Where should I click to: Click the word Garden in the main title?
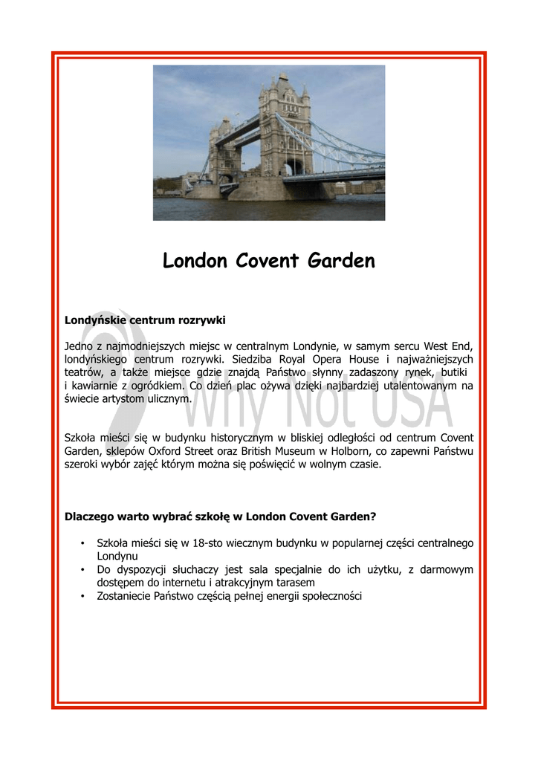(x=338, y=262)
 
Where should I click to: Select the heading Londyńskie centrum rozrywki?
(x=145, y=320)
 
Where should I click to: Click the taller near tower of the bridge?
(x=285, y=126)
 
